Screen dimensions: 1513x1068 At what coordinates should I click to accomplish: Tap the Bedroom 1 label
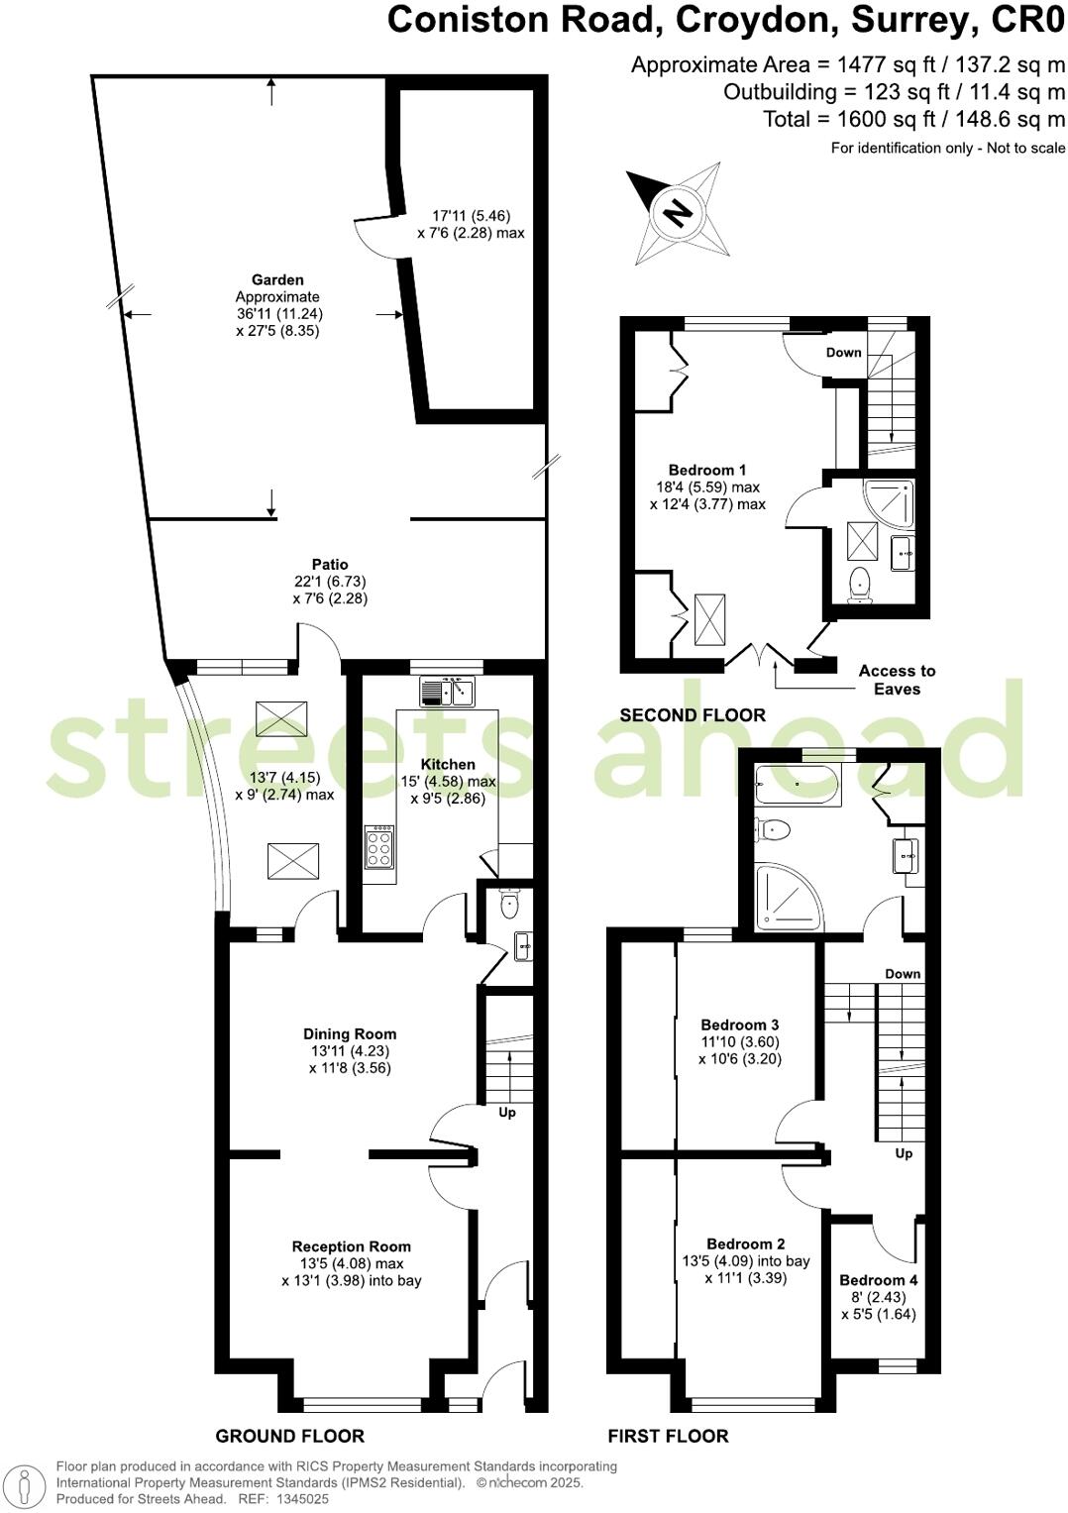click(706, 470)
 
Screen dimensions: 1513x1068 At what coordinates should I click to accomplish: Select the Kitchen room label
click(448, 764)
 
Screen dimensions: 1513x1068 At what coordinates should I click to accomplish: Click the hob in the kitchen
click(379, 848)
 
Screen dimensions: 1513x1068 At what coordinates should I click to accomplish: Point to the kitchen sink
click(449, 691)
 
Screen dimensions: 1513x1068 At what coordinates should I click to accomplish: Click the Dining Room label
click(350, 1033)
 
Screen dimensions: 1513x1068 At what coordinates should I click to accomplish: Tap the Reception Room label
click(351, 1246)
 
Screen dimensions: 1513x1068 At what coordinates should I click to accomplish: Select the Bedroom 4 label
click(878, 1279)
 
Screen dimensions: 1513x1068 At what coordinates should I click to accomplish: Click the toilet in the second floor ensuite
click(859, 585)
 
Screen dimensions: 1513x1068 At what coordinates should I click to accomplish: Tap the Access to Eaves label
click(897, 680)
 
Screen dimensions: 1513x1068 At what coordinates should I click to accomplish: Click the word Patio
click(330, 565)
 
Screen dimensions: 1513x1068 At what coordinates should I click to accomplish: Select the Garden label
click(277, 279)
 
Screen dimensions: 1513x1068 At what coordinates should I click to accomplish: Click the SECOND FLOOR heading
click(693, 714)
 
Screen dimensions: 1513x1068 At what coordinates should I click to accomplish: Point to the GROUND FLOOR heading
click(289, 1436)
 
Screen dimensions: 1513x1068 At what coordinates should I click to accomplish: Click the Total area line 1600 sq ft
click(913, 119)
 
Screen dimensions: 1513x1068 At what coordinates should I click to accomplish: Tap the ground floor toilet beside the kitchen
click(509, 904)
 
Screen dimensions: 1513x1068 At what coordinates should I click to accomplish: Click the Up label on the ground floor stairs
click(507, 1112)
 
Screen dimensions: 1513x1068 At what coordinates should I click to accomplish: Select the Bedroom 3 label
click(739, 1025)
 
